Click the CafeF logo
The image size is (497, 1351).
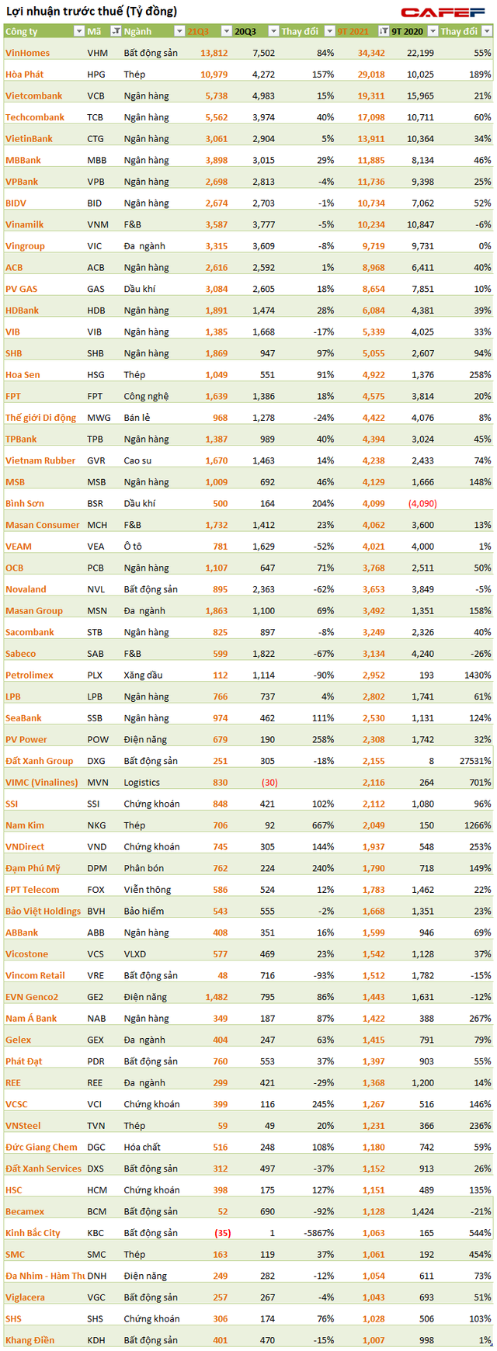444,12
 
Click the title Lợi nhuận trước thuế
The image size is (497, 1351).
92,12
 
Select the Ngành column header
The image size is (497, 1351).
138,32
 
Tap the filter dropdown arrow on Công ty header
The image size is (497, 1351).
78,32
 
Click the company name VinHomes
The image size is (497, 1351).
27,54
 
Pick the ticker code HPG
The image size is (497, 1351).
97,75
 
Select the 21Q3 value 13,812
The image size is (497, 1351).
214,54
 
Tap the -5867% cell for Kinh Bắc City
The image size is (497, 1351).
318,1233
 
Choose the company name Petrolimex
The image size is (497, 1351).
30,675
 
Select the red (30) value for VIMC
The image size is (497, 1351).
269,783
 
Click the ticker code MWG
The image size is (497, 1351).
99,418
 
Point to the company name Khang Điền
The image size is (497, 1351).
30,1340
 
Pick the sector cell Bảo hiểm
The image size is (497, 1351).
144,912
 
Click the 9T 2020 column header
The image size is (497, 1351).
408,32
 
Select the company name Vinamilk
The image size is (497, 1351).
25,225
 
